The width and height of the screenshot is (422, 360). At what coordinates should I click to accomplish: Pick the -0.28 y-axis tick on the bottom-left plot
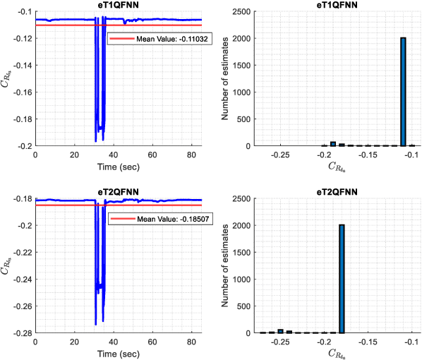(22, 333)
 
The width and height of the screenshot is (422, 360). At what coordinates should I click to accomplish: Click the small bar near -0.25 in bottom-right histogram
(280, 330)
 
